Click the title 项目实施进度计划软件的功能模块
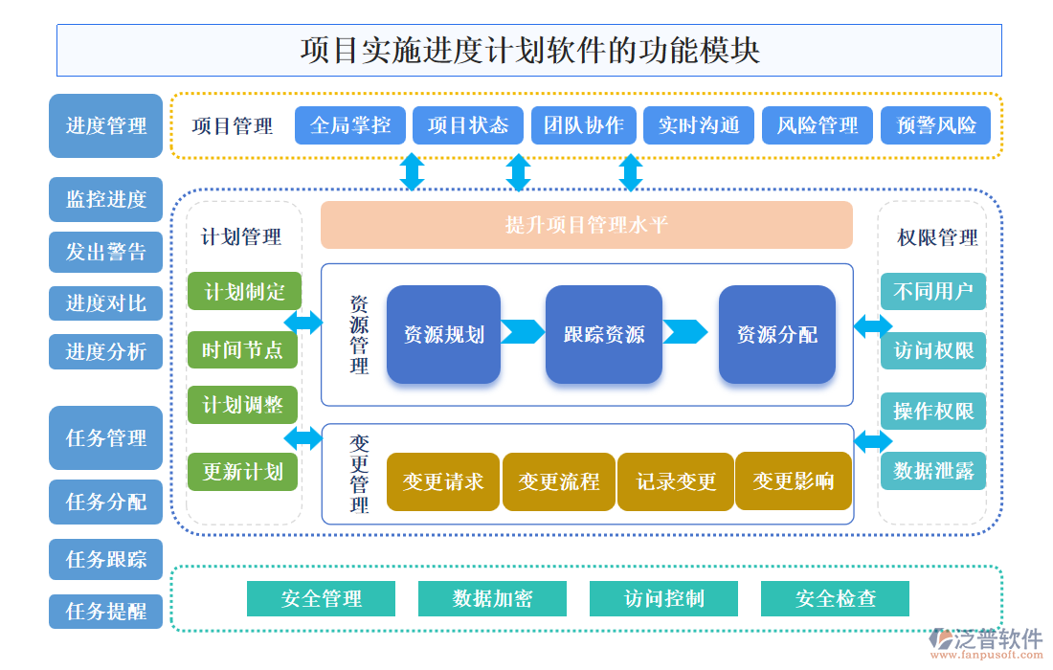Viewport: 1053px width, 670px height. (x=528, y=50)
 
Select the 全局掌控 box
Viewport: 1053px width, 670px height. (x=349, y=125)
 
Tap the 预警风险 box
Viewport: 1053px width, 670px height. (x=935, y=125)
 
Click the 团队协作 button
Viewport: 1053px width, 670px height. (x=584, y=125)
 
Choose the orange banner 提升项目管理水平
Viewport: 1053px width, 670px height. (x=586, y=225)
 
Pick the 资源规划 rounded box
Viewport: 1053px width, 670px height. (x=443, y=335)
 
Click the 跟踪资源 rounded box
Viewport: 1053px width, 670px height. (x=603, y=335)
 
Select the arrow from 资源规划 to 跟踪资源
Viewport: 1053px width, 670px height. (x=523, y=332)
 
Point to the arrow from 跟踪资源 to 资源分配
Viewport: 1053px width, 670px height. (x=685, y=332)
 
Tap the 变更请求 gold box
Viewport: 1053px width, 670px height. (x=443, y=481)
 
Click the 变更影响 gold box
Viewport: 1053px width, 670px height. (x=793, y=481)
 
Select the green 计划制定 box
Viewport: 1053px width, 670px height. (x=244, y=292)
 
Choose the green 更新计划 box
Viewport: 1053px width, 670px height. (x=243, y=472)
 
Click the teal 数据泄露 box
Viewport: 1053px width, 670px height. (x=932, y=471)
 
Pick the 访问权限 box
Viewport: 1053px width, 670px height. (x=932, y=351)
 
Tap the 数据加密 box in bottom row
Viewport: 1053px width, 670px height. (x=492, y=599)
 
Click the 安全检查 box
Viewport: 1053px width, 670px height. (x=835, y=599)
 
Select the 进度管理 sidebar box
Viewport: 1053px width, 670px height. (x=106, y=125)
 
